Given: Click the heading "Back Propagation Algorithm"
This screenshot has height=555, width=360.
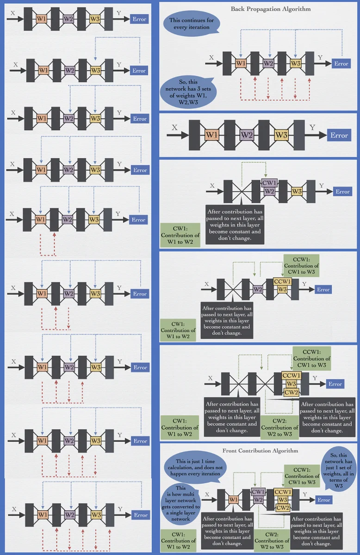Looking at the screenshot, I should (264, 9).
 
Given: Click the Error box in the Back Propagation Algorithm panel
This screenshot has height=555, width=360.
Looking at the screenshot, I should (341, 64).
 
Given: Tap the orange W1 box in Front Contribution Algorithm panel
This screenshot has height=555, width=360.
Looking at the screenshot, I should (234, 500).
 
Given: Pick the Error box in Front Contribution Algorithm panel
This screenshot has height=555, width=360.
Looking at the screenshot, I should (323, 500).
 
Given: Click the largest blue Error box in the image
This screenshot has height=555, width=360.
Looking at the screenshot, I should (339, 135).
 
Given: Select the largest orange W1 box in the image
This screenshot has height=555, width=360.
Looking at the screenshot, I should (211, 135).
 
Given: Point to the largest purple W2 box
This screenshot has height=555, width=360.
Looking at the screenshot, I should (246, 135).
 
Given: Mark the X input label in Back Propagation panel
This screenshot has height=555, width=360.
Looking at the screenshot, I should (211, 58).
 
